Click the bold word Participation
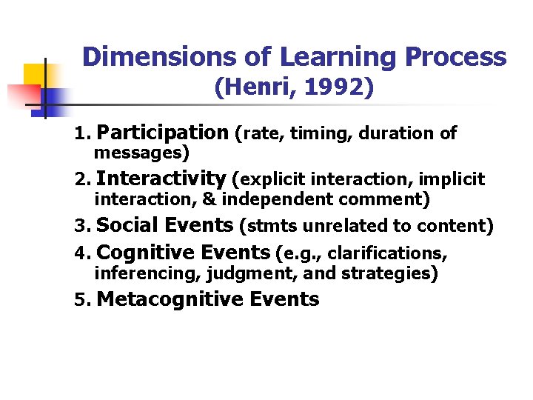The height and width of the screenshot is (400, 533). tap(163, 133)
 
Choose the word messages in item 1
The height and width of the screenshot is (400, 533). tap(140, 153)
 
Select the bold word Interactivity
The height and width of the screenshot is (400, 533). tap(161, 179)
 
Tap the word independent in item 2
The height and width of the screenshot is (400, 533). tap(279, 199)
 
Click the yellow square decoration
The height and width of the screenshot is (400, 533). tap(35, 74)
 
